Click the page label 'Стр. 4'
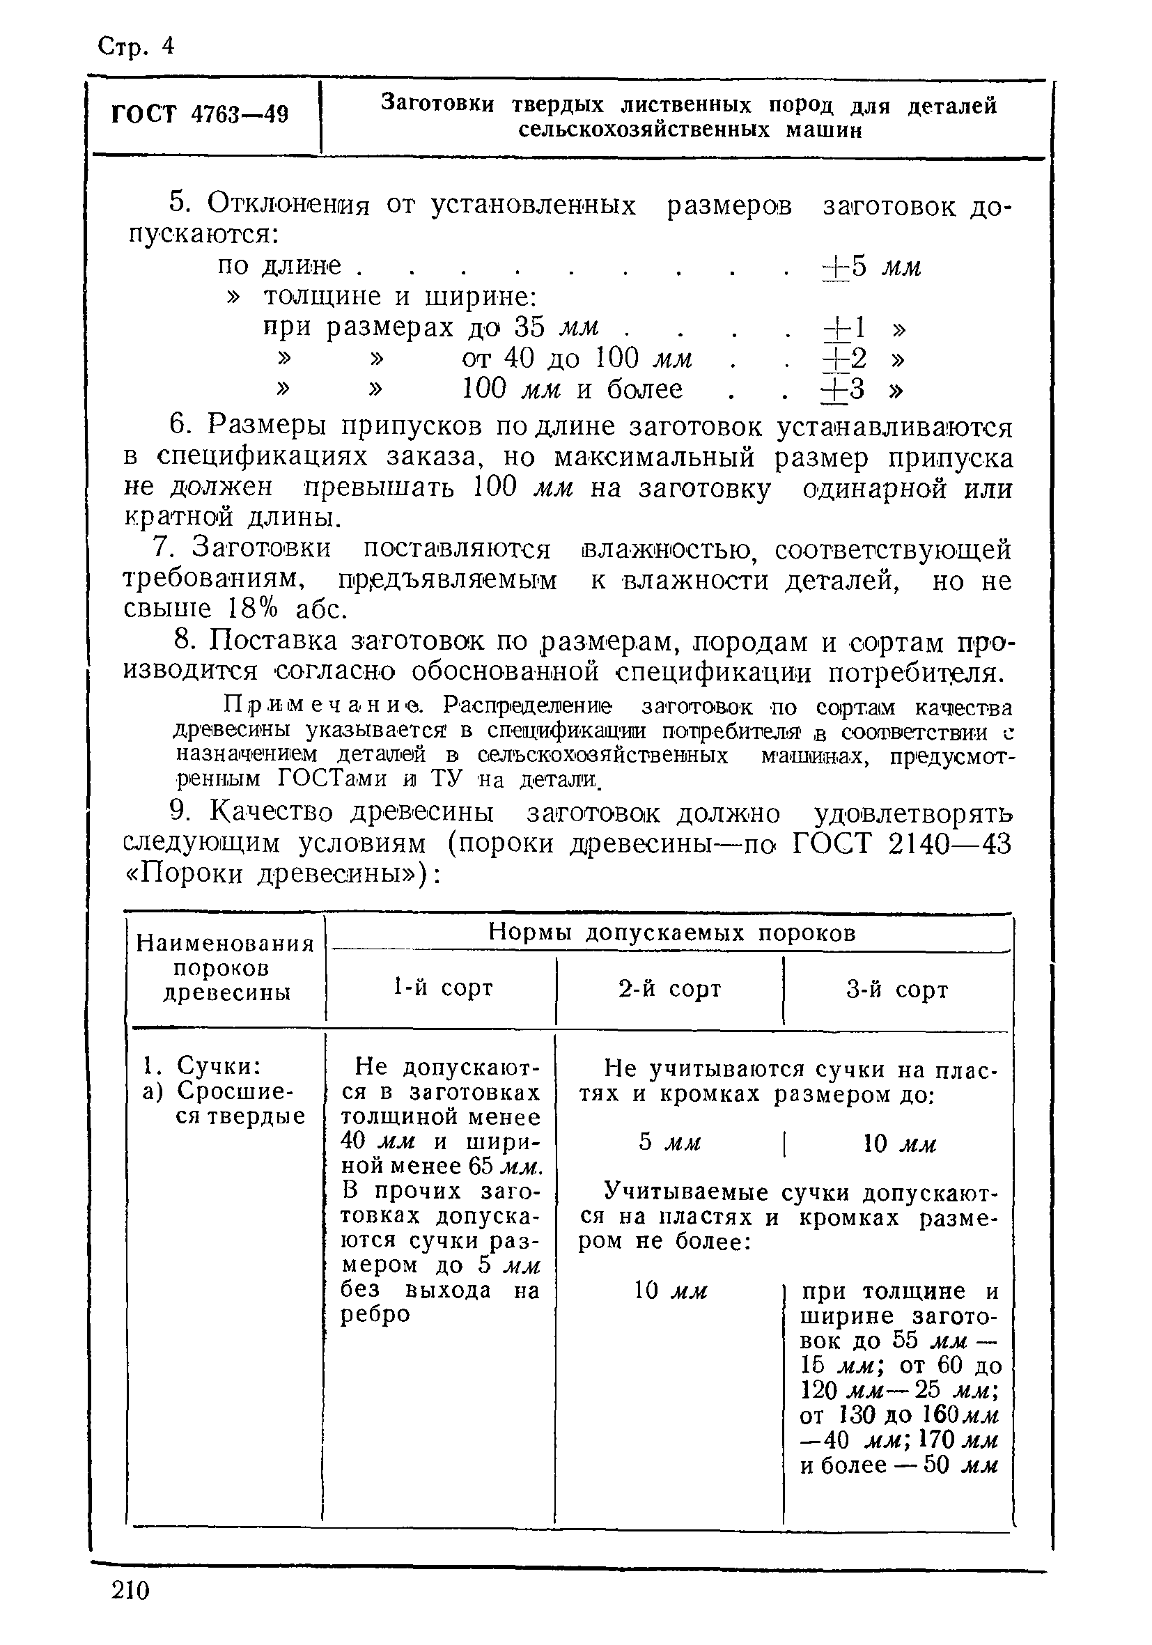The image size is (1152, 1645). [x=135, y=47]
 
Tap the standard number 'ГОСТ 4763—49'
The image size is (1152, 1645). [x=200, y=115]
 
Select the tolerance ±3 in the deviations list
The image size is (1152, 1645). [x=843, y=390]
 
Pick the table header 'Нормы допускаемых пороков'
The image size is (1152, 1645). [x=672, y=933]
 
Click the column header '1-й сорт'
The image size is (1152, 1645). [x=443, y=988]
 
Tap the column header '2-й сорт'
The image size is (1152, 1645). [x=669, y=989]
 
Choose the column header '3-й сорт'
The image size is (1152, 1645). [x=897, y=990]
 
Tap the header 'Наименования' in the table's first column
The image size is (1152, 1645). [x=225, y=944]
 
